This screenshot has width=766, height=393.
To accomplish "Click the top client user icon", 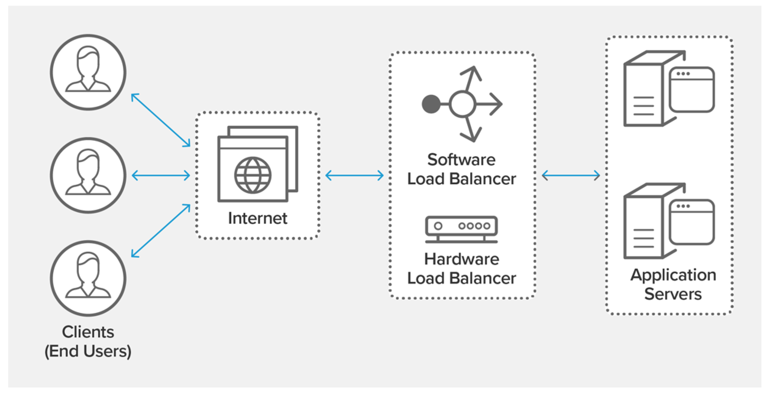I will coord(88,72).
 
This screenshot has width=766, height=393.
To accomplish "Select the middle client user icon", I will coord(88,175).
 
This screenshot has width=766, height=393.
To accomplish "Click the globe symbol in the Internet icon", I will coord(253,175).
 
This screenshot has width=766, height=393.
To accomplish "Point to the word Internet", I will coord(258,218).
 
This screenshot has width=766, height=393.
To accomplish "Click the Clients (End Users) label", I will coord(88,341).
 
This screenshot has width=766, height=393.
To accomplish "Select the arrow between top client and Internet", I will coord(161,120).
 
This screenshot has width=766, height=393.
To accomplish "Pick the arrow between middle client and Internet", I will coord(161,175).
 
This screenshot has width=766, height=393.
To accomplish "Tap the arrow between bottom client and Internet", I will coord(161,231).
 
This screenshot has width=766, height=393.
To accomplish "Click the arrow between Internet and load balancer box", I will coord(354,175).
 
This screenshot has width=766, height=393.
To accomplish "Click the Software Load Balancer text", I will coord(462,169).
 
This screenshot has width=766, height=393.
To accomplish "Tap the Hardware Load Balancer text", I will coord(462,269).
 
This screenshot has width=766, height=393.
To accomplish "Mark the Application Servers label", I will coord(673,284).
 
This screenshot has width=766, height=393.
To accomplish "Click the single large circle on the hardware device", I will coord(438,226).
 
